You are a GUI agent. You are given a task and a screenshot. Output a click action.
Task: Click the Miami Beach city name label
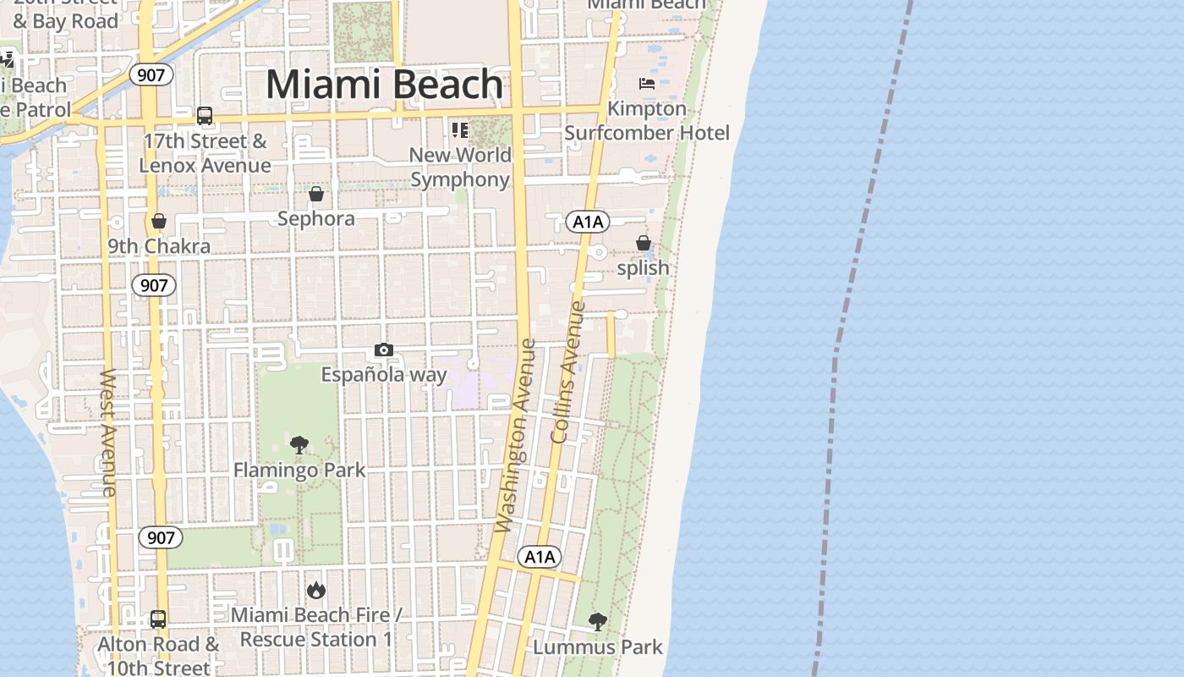pos(385,85)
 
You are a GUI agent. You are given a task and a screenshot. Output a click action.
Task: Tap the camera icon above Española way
pos(383,350)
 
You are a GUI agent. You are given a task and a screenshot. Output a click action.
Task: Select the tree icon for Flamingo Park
pos(299,444)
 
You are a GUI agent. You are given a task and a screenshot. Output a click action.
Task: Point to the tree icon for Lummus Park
pos(598,622)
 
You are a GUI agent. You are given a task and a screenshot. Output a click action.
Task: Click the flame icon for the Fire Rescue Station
pos(316,590)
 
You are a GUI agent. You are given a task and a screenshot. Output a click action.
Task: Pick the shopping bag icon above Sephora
pos(316,194)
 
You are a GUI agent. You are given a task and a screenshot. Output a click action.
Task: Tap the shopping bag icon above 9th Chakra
pos(158,222)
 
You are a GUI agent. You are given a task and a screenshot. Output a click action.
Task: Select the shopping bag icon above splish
pos(644,243)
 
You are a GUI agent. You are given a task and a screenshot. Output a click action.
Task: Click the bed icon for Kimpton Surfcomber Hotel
pos(647,84)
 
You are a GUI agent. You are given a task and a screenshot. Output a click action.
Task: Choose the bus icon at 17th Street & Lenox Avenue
pos(204,116)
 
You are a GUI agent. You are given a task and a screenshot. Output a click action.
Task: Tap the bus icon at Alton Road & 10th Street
pos(158,619)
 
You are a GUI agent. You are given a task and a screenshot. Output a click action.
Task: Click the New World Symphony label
pos(461,167)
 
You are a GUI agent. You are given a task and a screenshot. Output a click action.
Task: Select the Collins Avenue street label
pos(567,372)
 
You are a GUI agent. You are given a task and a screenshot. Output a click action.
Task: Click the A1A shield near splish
pos(588,222)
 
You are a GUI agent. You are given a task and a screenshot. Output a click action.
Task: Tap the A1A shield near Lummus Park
pos(540,557)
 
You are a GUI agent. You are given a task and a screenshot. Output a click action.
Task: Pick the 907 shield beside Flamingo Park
pos(160,537)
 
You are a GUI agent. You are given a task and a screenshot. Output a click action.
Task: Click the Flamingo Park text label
pos(299,470)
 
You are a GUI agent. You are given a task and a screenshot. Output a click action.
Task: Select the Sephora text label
pos(316,218)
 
